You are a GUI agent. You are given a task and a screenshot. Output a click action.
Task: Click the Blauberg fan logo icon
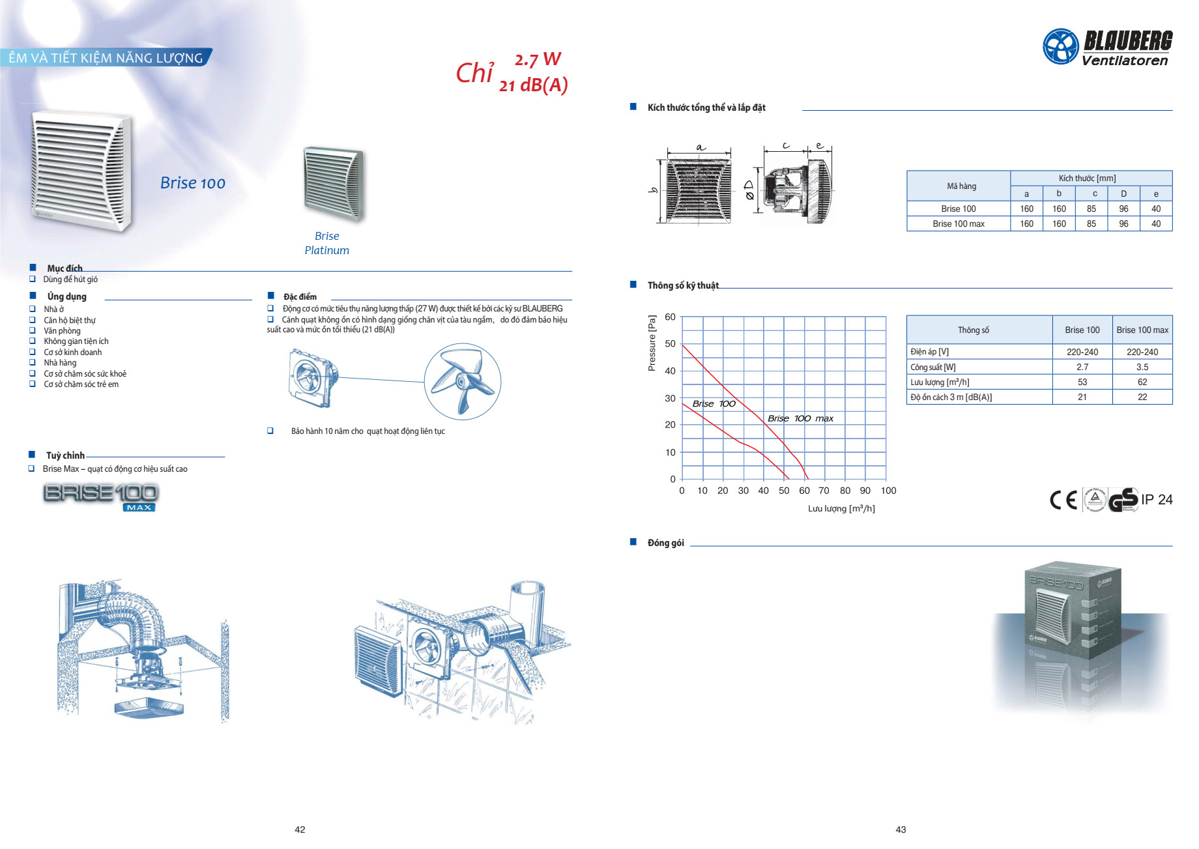pos(1061,46)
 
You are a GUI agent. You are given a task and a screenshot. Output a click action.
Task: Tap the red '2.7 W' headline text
pos(538,59)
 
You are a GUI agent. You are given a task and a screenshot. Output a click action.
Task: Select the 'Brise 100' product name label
pos(193,183)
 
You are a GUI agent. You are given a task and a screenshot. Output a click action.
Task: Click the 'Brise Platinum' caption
pos(327,243)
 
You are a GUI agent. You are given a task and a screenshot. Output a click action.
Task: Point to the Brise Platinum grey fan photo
pos(333,183)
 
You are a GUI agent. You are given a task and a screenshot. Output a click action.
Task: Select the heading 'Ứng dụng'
pos(66,296)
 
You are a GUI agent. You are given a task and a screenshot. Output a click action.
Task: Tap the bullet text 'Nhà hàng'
pos(60,363)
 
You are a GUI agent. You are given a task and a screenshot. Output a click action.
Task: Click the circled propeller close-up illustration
pos(463,382)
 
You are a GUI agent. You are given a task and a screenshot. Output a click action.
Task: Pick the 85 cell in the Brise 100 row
pos(1091,209)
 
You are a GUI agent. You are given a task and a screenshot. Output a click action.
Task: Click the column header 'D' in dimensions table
pos(1123,194)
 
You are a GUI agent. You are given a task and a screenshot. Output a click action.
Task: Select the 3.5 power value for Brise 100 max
pos(1142,367)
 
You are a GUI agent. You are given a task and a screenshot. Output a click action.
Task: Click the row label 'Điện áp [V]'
pos(930,352)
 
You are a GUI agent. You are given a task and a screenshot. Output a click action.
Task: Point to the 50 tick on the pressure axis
pos(670,343)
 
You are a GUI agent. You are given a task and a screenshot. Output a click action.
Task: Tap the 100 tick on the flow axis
pos(888,491)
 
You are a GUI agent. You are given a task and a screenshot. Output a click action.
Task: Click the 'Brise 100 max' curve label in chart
pos(800,418)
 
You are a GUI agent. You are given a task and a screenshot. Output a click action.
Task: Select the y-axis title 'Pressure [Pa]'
pos(652,343)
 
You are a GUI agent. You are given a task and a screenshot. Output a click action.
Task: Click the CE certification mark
pos(1063,500)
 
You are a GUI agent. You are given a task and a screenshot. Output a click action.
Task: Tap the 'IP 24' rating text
pos(1157,500)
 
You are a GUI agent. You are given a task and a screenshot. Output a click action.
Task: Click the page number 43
pos(901,829)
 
